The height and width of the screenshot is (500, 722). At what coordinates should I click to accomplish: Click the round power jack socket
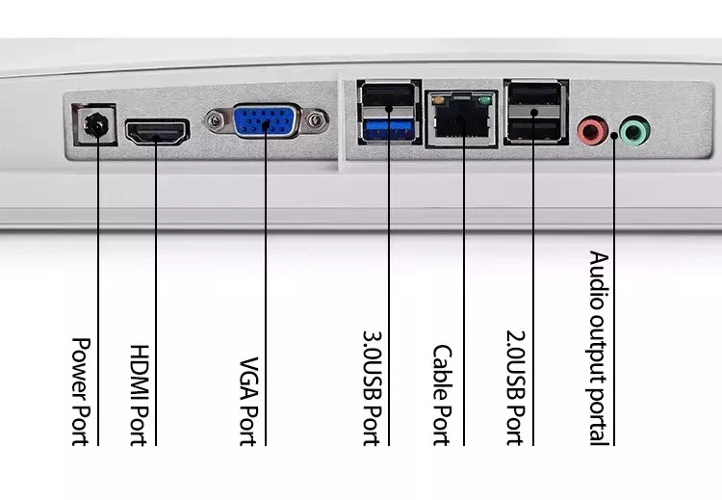(95, 125)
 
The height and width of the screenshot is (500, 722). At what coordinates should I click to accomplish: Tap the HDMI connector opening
(157, 132)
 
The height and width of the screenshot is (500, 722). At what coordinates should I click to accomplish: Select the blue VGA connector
(266, 121)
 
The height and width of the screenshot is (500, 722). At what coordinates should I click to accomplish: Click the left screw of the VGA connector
(215, 121)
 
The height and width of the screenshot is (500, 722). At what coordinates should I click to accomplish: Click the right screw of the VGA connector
(316, 121)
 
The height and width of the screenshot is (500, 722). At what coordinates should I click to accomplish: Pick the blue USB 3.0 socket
(389, 129)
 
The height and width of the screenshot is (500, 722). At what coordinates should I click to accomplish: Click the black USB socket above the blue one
(389, 95)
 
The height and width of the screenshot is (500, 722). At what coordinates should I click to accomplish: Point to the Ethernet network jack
(461, 118)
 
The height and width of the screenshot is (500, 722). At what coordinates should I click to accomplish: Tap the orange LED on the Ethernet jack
(438, 100)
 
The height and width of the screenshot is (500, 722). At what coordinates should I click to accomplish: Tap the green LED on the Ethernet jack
(484, 100)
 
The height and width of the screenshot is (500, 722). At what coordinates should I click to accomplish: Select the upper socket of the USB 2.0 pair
(534, 95)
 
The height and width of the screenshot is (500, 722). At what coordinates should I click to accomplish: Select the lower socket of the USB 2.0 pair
(534, 128)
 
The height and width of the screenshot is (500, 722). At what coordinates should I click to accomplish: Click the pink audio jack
(592, 131)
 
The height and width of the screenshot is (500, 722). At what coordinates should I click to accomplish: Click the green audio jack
(635, 131)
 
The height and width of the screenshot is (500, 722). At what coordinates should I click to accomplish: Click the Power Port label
(81, 392)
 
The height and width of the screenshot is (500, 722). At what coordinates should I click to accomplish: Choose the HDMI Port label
(140, 395)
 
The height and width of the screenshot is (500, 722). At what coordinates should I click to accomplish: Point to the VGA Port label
(249, 402)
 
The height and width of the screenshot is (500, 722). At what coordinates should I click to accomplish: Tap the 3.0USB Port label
(372, 388)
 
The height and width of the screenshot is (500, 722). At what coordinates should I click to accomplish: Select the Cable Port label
(442, 395)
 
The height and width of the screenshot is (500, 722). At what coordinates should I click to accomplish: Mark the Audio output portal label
(600, 348)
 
